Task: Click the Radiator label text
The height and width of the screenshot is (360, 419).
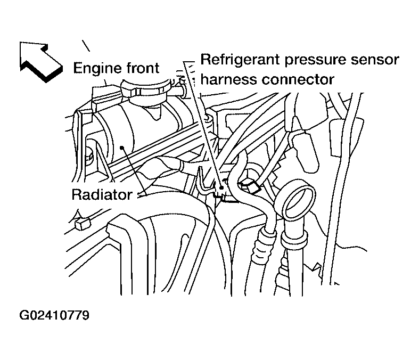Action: pyautogui.click(x=101, y=194)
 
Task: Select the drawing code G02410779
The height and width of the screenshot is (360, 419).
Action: pyautogui.click(x=54, y=315)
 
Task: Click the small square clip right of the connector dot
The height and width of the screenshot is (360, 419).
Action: pyautogui.click(x=250, y=185)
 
